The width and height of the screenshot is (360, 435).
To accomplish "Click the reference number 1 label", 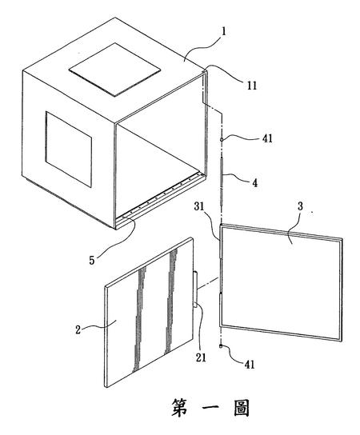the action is click(x=223, y=32).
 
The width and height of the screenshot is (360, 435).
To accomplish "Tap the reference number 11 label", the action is click(x=252, y=86).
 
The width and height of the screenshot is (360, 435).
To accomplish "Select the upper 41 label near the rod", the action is click(x=267, y=138).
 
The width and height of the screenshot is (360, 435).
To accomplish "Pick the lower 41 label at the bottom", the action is click(x=250, y=365).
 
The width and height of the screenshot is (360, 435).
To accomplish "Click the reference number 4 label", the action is click(x=254, y=182).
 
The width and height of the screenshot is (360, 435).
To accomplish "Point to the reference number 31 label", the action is click(x=207, y=206).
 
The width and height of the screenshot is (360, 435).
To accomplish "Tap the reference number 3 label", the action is click(x=300, y=206).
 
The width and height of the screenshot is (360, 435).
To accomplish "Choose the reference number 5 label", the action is click(x=91, y=260).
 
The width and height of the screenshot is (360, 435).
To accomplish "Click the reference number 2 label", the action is click(x=78, y=329).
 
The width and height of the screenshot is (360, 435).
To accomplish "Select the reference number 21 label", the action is click(x=201, y=357).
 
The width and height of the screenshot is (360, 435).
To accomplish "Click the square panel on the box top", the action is click(x=114, y=70).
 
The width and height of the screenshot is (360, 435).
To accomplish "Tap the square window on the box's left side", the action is click(x=69, y=150).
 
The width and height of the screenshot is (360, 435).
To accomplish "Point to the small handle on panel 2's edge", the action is click(x=196, y=289).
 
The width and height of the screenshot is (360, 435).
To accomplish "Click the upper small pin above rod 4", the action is click(x=222, y=140).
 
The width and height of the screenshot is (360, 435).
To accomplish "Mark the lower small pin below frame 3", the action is click(x=222, y=345).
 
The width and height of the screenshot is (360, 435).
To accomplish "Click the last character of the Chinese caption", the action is click(x=242, y=408).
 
